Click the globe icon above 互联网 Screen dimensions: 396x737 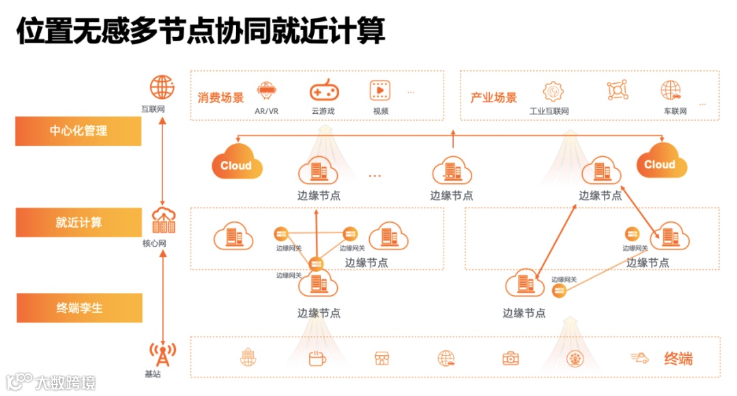(162, 88)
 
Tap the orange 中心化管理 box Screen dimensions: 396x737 (78, 131)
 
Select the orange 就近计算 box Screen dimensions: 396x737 (78, 223)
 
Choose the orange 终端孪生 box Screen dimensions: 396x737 (78, 308)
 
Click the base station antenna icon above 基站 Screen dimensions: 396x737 (162, 354)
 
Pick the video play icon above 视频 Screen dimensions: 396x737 (380, 89)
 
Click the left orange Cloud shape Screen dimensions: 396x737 (236, 164)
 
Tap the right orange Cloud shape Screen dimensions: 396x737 (661, 163)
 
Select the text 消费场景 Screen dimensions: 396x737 (220, 97)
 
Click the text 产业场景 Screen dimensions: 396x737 (493, 97)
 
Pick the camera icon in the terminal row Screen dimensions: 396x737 (510, 358)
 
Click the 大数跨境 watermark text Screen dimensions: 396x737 (66, 382)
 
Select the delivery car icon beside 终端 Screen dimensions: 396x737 (639, 358)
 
